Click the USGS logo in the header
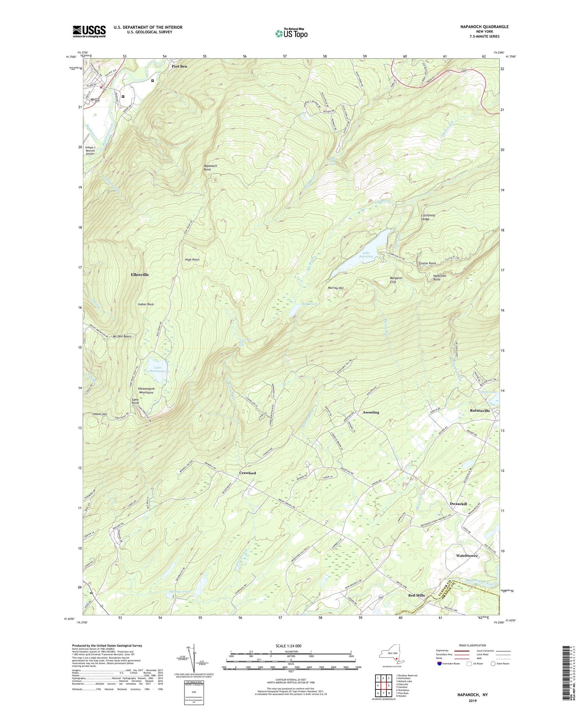[x=89, y=31]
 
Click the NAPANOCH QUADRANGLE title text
[x=484, y=27]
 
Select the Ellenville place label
[x=140, y=275]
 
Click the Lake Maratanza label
[x=158, y=370]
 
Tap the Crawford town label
[x=247, y=473]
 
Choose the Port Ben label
[x=179, y=66]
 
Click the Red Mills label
[x=416, y=595]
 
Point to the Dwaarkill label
[x=458, y=504]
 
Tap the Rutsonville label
[x=480, y=411]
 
